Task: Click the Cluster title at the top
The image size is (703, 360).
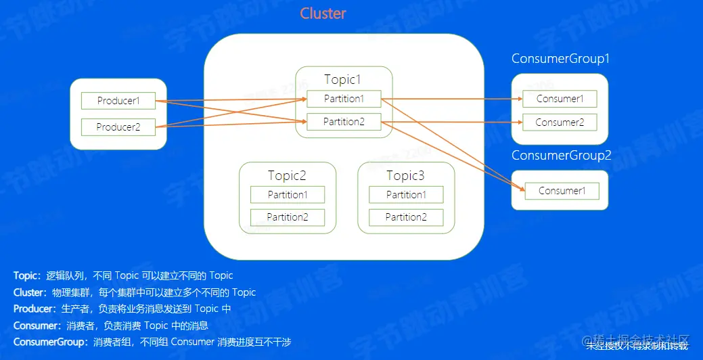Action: click(323, 14)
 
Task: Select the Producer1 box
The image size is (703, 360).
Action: click(118, 101)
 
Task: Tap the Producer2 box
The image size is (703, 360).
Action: click(118, 127)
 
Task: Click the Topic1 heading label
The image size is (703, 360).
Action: click(344, 79)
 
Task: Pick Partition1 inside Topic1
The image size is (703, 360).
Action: click(344, 99)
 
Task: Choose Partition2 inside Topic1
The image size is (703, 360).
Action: click(344, 122)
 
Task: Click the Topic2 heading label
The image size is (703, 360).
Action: click(287, 176)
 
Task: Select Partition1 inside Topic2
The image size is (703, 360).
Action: click(288, 195)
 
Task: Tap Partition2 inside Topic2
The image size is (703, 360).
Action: click(288, 217)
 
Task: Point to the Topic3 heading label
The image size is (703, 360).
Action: click(405, 176)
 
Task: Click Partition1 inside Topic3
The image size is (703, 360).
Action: click(406, 195)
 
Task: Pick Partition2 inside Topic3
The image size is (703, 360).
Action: click(406, 217)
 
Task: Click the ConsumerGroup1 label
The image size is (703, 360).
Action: click(561, 59)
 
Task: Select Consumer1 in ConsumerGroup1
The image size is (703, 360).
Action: click(560, 99)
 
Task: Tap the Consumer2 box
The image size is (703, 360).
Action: click(560, 122)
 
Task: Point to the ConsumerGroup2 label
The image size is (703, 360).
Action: click(562, 156)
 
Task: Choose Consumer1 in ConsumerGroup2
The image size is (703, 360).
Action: click(562, 191)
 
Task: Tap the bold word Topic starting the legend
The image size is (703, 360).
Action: click(26, 275)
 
